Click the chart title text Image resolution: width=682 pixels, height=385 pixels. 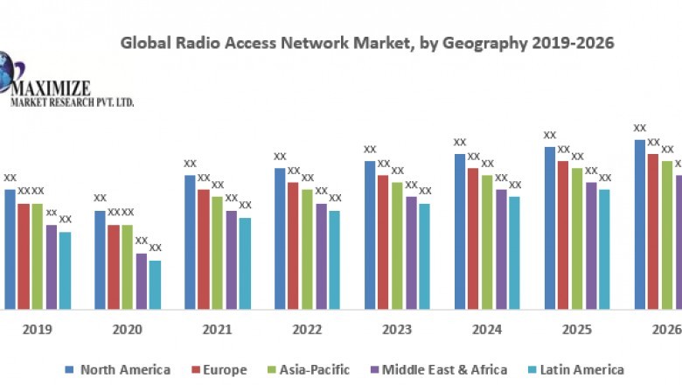[x=366, y=42]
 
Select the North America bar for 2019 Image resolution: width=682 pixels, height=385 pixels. [x=10, y=248]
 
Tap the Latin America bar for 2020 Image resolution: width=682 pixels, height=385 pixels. [x=155, y=284]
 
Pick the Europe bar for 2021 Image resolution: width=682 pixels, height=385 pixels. [x=204, y=248]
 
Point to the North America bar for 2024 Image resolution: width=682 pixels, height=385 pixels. [x=460, y=231]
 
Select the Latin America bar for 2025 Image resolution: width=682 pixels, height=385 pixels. [x=604, y=248]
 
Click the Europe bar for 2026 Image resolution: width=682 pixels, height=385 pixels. [x=653, y=231]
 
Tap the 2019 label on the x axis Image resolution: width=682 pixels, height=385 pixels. [x=37, y=330]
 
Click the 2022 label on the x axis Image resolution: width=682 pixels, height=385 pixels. [x=308, y=330]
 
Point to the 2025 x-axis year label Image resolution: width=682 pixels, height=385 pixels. [x=577, y=330]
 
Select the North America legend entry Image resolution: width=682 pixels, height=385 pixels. [x=119, y=370]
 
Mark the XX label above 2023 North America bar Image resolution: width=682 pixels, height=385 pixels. [x=370, y=150]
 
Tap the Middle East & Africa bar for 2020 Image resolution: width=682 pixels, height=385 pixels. [x=142, y=281]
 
